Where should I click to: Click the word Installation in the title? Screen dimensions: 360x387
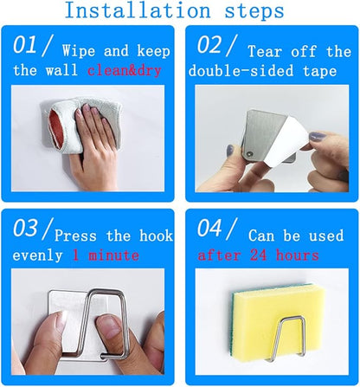click(x=138, y=10)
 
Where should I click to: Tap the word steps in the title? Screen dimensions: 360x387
click(x=254, y=11)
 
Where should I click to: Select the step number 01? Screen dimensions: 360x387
click(x=25, y=45)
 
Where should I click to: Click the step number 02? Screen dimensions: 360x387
click(x=209, y=45)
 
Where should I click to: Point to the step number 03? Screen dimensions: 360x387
click(x=25, y=228)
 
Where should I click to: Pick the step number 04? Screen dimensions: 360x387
click(x=209, y=228)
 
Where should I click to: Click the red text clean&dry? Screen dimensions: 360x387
click(x=125, y=71)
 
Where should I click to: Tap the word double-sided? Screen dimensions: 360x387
click(x=241, y=71)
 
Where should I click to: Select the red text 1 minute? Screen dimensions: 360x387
click(x=106, y=255)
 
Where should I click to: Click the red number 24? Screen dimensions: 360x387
click(x=259, y=255)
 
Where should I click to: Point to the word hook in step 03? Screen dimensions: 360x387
click(x=156, y=235)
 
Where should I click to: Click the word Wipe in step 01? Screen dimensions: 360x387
click(x=79, y=51)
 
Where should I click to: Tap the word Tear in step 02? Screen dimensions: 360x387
click(x=265, y=51)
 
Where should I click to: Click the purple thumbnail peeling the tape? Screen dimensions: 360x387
click(x=318, y=136)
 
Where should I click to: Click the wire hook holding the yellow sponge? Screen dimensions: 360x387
click(x=286, y=339)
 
